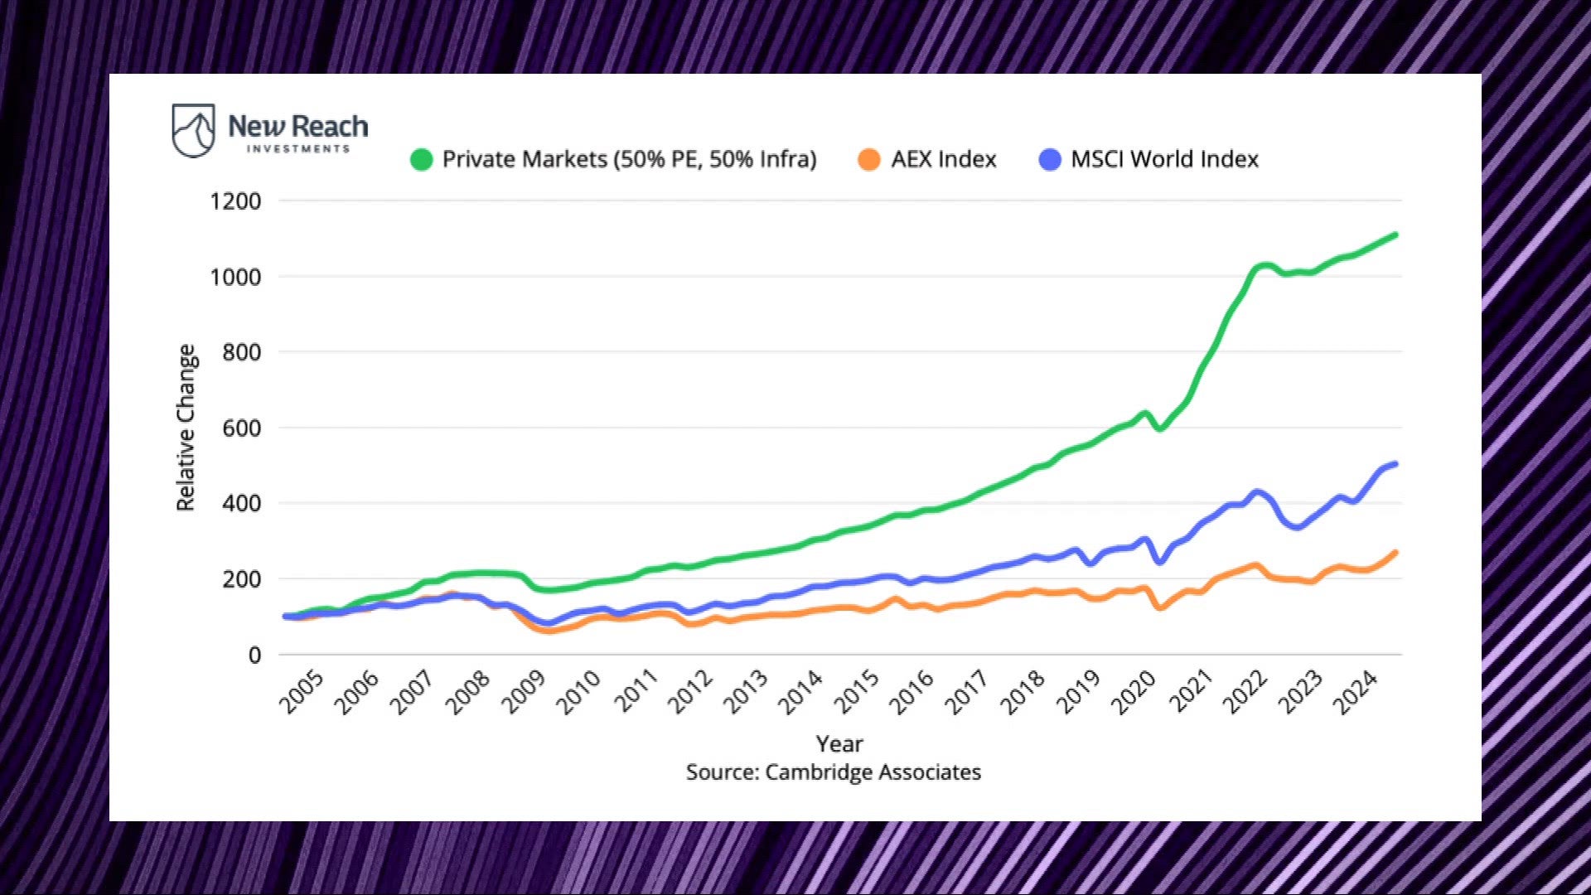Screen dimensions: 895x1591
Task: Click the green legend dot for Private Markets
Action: (x=422, y=159)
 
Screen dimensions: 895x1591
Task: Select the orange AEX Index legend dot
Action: (x=869, y=159)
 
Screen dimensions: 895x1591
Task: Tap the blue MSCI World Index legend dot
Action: (x=1050, y=159)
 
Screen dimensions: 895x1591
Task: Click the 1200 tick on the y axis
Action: (x=235, y=201)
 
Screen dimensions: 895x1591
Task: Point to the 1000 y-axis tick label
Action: (x=235, y=277)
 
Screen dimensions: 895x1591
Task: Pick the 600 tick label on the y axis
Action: (x=241, y=428)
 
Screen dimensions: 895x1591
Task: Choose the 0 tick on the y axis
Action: (x=254, y=656)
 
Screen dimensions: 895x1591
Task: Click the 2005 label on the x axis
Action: (x=302, y=693)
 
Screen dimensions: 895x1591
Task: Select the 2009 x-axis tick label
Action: (x=525, y=693)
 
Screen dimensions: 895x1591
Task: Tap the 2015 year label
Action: (x=858, y=693)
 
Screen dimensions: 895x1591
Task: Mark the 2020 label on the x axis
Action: (x=1134, y=693)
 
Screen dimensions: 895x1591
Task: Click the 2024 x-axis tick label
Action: (x=1356, y=693)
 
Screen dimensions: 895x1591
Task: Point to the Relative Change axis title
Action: (x=186, y=428)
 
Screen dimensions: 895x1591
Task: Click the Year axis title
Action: (x=839, y=743)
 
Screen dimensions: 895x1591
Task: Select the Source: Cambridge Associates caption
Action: (x=834, y=772)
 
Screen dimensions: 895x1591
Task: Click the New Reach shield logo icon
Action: (x=193, y=130)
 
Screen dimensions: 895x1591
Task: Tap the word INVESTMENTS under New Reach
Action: (x=298, y=149)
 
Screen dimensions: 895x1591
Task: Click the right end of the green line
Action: (x=1395, y=235)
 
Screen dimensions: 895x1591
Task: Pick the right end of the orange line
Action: (x=1395, y=553)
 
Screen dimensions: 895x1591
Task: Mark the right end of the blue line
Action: (x=1395, y=464)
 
